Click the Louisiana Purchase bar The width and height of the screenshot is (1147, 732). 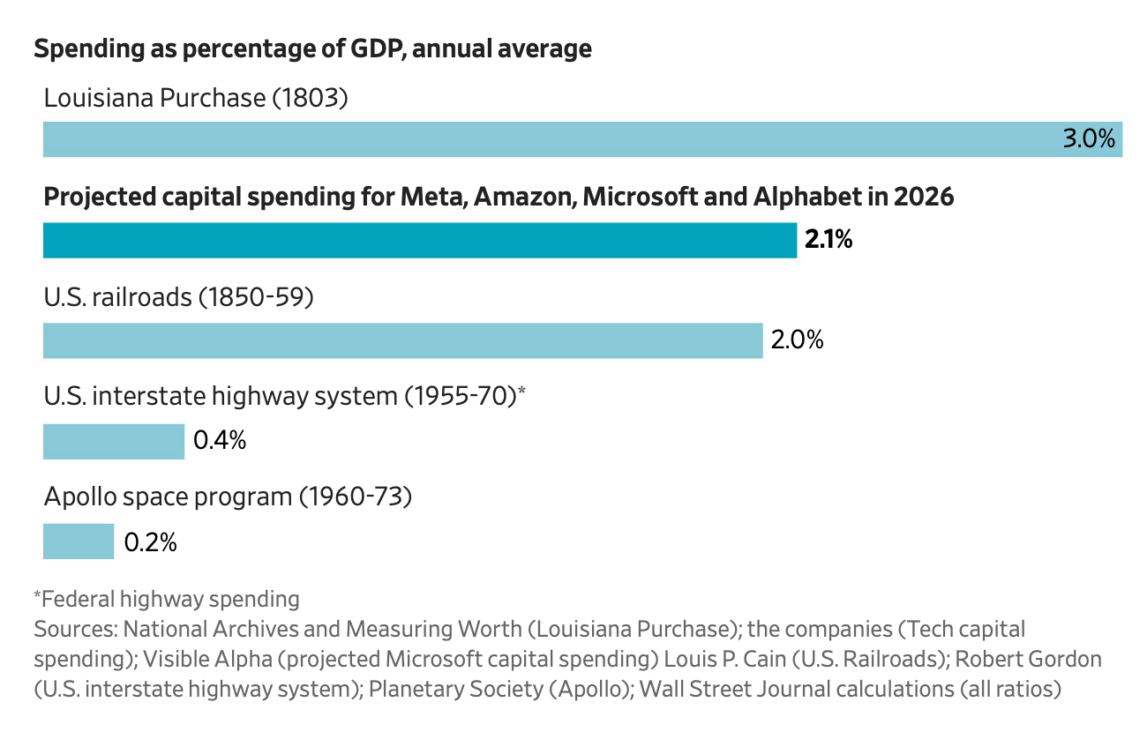[547, 139]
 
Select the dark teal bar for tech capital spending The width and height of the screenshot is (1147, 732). [419, 240]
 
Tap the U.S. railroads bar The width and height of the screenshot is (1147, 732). [402, 340]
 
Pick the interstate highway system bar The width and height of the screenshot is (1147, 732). [113, 441]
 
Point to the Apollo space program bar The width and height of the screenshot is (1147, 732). [79, 542]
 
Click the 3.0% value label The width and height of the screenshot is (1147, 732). [1089, 139]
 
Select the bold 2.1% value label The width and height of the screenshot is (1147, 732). [828, 240]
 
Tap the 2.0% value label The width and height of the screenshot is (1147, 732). [797, 340]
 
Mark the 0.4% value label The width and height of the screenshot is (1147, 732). [220, 441]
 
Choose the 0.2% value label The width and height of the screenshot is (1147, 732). [151, 542]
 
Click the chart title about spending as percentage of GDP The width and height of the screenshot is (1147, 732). [312, 49]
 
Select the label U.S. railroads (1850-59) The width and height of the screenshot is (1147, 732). [179, 297]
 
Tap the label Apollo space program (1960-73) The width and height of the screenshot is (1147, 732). [229, 497]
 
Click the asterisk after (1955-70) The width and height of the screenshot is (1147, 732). [521, 392]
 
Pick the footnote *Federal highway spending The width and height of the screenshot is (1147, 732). [167, 600]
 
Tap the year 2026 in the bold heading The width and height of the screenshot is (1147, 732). [924, 197]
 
